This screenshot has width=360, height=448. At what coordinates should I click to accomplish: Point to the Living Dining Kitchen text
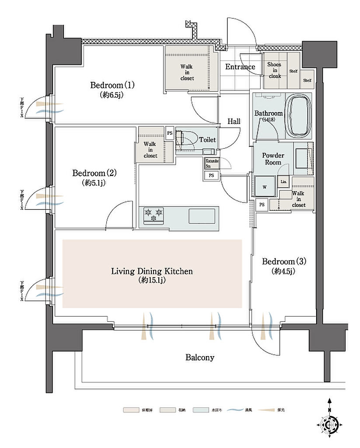point(152,271)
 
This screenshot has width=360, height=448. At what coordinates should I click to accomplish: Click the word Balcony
point(200,357)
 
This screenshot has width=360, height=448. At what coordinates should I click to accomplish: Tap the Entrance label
point(240,67)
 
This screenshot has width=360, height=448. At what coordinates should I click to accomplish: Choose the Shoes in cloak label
point(275,70)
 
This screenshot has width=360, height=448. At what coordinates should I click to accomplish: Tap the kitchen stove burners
point(154,215)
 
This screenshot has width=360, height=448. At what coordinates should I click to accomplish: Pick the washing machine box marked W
point(265,187)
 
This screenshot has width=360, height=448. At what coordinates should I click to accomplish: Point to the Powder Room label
point(273,159)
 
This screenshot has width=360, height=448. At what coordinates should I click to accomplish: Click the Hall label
point(234,121)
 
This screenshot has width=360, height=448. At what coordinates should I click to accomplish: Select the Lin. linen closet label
point(283,181)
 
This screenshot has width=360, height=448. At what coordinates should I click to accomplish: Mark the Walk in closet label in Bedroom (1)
point(187,72)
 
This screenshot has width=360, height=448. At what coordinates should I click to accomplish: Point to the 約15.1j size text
point(152,280)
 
